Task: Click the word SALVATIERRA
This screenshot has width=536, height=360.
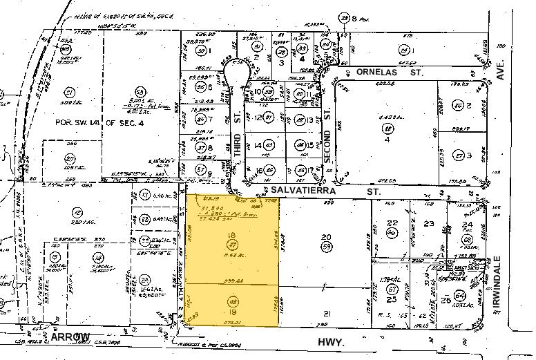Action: [x=291, y=189]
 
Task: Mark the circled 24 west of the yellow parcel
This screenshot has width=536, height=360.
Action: [x=145, y=280]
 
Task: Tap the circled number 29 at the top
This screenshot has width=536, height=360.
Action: [x=343, y=18]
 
